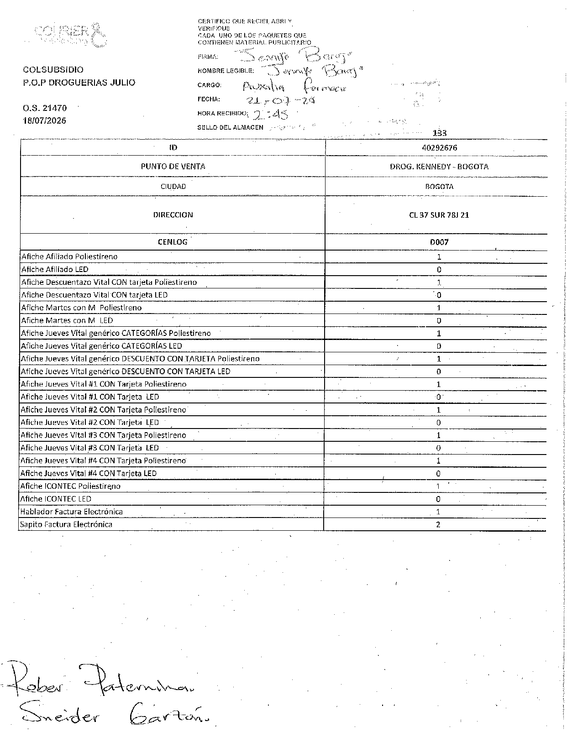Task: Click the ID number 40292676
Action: [440, 148]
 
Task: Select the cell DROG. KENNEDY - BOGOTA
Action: [439, 167]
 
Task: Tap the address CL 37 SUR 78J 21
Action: [439, 215]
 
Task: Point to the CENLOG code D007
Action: [439, 242]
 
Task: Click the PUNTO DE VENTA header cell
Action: [173, 167]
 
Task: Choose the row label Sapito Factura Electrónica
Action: [66, 524]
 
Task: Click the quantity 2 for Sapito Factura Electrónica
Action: [438, 524]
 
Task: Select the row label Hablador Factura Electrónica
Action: [71, 512]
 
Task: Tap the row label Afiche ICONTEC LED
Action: [56, 499]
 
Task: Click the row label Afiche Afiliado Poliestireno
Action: [69, 256]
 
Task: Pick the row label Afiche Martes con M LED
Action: [67, 320]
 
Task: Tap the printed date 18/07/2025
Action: [45, 121]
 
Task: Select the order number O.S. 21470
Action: [45, 108]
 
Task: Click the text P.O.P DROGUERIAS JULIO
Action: [79, 83]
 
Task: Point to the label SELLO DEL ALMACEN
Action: [230, 127]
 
